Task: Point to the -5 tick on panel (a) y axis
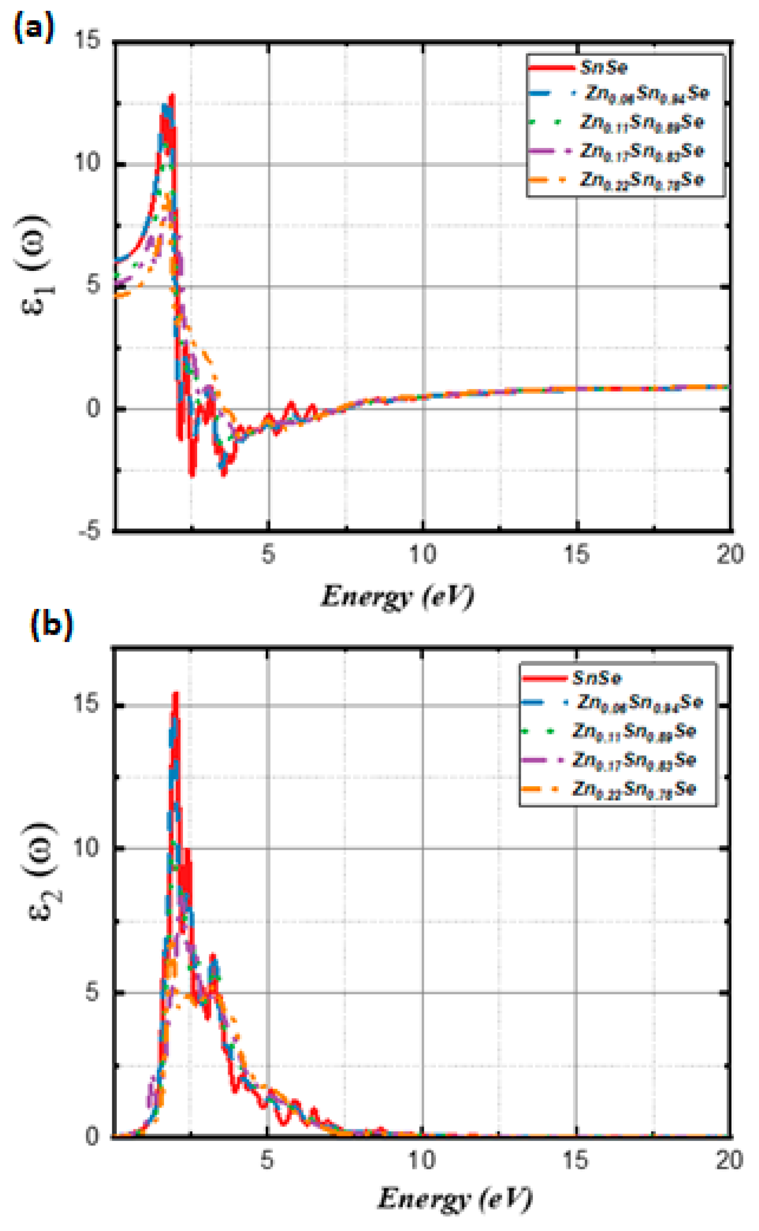coord(90,531)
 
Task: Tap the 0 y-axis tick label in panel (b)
coord(92,1136)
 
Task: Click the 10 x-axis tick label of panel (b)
coord(422,1160)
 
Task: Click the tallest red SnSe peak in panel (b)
coord(176,694)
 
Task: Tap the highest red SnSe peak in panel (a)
coord(172,95)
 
